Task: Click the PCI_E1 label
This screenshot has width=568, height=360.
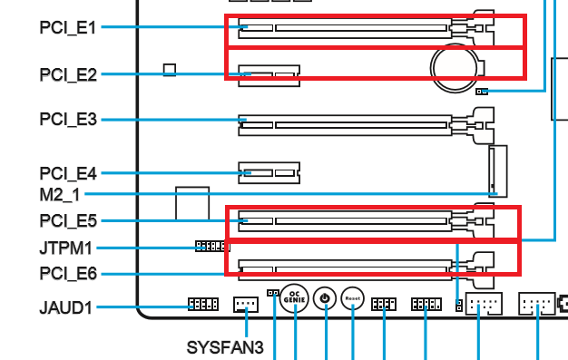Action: pyautogui.click(x=68, y=27)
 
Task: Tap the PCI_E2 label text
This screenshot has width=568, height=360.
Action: pyautogui.click(x=68, y=74)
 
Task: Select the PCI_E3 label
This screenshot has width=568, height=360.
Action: pyautogui.click(x=68, y=119)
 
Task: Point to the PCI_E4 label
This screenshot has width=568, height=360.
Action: pyautogui.click(x=68, y=173)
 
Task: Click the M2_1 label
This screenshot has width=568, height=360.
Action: pyautogui.click(x=59, y=195)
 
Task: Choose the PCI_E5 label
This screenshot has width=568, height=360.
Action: pyautogui.click(x=68, y=220)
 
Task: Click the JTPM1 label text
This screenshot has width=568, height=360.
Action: pyautogui.click(x=65, y=248)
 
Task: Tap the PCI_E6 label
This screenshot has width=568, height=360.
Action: pyautogui.click(x=68, y=274)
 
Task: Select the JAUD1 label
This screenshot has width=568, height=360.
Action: pyautogui.click(x=65, y=307)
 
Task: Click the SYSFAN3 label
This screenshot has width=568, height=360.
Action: pyautogui.click(x=225, y=347)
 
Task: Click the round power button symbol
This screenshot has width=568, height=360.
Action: pyautogui.click(x=325, y=298)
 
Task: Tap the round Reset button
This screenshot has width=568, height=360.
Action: pyautogui.click(x=352, y=298)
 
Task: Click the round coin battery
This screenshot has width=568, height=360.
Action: pyautogui.click(x=455, y=68)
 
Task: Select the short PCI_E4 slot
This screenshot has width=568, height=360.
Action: pyautogui.click(x=269, y=173)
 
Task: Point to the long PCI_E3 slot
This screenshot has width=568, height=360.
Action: pyautogui.click(x=345, y=125)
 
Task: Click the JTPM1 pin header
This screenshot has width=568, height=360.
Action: pyautogui.click(x=212, y=247)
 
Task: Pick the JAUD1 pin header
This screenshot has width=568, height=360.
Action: pyautogui.click(x=203, y=304)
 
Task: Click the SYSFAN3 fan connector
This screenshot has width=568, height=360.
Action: pyautogui.click(x=246, y=305)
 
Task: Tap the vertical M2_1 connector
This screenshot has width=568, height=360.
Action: pyautogui.click(x=498, y=171)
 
